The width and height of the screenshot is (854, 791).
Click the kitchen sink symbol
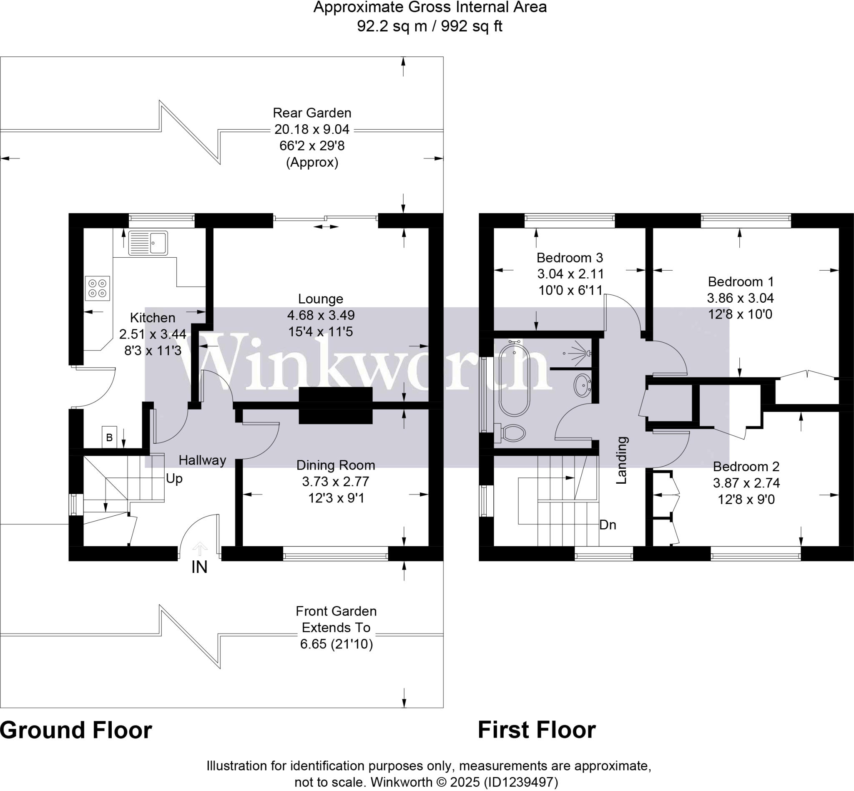(148, 243)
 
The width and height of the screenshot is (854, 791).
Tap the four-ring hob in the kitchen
(98, 288)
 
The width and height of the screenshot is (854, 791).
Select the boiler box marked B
(109, 437)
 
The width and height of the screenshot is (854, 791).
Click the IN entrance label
(199, 567)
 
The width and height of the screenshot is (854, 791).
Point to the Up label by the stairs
(174, 478)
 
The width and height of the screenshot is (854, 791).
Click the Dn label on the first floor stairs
(608, 525)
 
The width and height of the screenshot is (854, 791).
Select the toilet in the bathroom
(512, 433)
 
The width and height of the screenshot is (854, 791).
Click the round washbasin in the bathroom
(583, 385)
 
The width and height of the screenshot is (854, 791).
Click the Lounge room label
(321, 299)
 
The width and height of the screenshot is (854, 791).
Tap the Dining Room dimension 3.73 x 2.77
(336, 482)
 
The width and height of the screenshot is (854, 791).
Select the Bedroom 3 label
(570, 258)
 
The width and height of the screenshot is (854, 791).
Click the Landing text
(621, 460)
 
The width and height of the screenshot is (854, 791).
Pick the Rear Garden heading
(312, 113)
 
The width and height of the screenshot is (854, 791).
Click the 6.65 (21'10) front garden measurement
(337, 644)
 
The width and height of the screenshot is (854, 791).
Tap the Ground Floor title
(76, 730)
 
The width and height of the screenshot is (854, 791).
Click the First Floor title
(536, 730)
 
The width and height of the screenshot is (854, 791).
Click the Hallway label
(202, 460)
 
